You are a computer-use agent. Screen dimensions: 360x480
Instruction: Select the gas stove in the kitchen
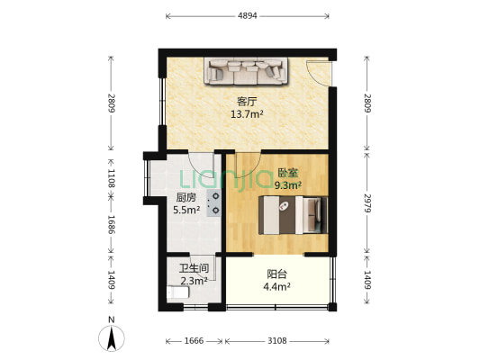click(215, 204)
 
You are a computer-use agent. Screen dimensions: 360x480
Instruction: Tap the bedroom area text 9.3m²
click(287, 184)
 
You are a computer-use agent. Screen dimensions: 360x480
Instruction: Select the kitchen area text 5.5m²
click(186, 212)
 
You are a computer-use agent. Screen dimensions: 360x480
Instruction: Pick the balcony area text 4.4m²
click(276, 287)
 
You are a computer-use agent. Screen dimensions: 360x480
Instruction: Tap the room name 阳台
click(276, 274)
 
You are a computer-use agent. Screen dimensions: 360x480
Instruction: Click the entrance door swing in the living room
click(318, 74)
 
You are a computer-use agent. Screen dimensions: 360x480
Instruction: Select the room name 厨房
click(186, 199)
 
